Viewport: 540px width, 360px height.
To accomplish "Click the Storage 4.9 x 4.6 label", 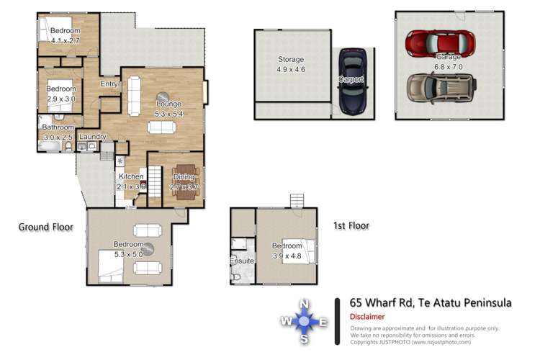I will [291, 64].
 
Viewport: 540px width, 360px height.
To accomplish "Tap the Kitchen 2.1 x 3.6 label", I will [132, 181].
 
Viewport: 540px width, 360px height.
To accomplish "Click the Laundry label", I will [93, 137].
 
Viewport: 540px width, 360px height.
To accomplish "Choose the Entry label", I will [109, 84].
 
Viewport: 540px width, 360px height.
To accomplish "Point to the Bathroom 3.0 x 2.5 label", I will [58, 132].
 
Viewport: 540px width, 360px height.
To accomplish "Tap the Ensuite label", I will [242, 260].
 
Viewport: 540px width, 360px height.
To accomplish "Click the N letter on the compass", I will [305, 304].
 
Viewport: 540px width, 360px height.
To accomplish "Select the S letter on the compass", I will [305, 339].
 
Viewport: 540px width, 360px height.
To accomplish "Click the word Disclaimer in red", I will [366, 317].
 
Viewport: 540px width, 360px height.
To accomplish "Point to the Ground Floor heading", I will [46, 227].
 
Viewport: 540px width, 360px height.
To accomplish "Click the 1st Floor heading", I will [351, 225].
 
